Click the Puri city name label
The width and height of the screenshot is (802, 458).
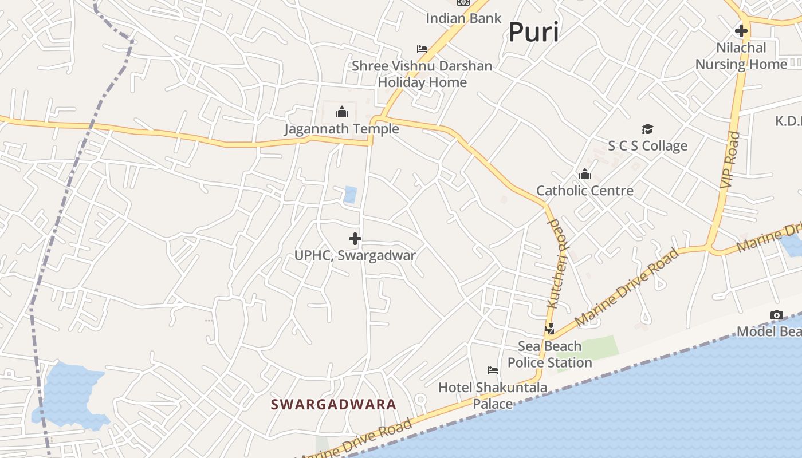[533, 32]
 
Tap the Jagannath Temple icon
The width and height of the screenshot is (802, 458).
[342, 111]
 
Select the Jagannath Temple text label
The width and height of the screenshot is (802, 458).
[342, 129]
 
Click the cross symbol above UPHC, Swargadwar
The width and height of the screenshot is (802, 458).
[355, 238]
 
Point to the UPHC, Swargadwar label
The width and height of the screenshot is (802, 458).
[355, 255]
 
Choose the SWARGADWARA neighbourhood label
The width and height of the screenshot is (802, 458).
[333, 405]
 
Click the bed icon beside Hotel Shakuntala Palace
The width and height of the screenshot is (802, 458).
[492, 370]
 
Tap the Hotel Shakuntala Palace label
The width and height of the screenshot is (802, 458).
[493, 396]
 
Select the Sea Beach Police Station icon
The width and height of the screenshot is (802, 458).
[550, 329]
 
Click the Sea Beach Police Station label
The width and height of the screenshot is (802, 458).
[550, 354]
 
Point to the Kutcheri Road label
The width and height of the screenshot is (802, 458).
[556, 263]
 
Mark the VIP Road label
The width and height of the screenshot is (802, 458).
[730, 160]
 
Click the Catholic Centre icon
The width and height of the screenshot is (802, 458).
[585, 174]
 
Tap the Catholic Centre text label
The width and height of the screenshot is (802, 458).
[585, 191]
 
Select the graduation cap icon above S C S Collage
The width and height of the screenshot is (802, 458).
[647, 129]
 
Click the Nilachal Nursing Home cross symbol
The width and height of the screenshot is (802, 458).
[741, 31]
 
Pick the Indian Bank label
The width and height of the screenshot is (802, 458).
[463, 18]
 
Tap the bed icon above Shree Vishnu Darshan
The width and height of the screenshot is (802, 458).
[422, 49]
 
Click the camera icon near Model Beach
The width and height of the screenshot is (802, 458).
[777, 315]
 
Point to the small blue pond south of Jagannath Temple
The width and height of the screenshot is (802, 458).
[350, 195]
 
